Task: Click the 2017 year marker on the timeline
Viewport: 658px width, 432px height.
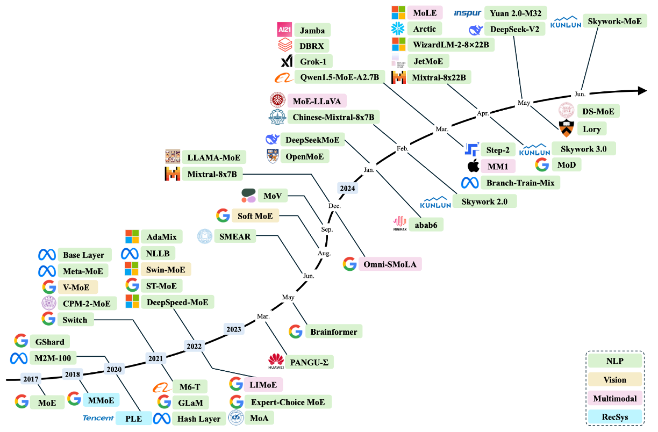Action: pyautogui.click(x=31, y=379)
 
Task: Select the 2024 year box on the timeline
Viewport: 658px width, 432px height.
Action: pyautogui.click(x=347, y=188)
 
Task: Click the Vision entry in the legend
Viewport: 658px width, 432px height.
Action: pyautogui.click(x=615, y=380)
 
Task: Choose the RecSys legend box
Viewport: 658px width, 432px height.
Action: pyautogui.click(x=615, y=417)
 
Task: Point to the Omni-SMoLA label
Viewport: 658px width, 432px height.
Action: pyautogui.click(x=392, y=264)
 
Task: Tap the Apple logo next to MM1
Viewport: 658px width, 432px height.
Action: pyautogui.click(x=473, y=165)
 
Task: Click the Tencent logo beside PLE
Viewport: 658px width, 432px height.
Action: pyautogui.click(x=98, y=417)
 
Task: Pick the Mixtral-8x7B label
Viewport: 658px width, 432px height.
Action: pyautogui.click(x=212, y=174)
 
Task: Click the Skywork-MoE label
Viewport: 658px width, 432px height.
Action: pyautogui.click(x=614, y=21)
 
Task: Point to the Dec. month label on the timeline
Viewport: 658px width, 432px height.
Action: pyautogui.click(x=334, y=206)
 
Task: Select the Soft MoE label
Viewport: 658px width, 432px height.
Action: pyautogui.click(x=255, y=215)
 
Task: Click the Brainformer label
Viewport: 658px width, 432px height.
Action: pyautogui.click(x=333, y=332)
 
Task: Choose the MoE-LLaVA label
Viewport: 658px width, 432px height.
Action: pyautogui.click(x=317, y=100)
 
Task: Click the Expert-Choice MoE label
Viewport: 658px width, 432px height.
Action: pyautogui.click(x=288, y=401)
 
